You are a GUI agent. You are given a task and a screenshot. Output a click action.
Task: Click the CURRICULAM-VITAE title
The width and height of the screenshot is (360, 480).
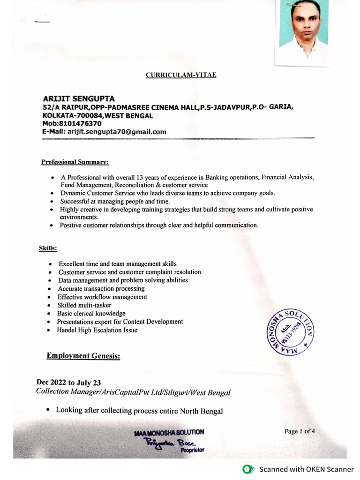pyautogui.click(x=181, y=75)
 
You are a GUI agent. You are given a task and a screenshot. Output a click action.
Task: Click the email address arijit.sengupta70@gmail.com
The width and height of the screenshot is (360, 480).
pyautogui.click(x=117, y=132)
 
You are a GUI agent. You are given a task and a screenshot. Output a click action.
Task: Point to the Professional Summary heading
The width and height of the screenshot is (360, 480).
pyautogui.click(x=75, y=162)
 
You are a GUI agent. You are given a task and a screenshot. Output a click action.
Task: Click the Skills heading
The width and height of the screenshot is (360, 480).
pyautogui.click(x=48, y=247)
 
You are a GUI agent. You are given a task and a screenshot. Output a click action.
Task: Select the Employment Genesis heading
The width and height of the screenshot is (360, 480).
pyautogui.click(x=83, y=356)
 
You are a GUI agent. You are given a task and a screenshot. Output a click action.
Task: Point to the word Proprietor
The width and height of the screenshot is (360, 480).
pyautogui.click(x=192, y=451)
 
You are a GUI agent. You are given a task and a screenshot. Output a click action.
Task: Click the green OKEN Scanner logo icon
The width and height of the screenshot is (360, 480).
pyautogui.click(x=247, y=469)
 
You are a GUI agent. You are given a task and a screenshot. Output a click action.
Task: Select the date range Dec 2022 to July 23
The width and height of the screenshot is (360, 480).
pyautogui.click(x=68, y=382)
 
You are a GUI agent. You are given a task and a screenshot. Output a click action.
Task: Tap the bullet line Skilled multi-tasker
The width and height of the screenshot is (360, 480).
pyautogui.click(x=84, y=305)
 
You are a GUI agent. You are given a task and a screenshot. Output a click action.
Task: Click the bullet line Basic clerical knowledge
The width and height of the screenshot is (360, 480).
pyautogui.click(x=91, y=313)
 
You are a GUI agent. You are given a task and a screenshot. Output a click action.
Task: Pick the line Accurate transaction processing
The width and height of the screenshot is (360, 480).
pyautogui.click(x=101, y=288)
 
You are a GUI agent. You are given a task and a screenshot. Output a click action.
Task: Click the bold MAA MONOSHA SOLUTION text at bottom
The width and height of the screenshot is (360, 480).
pyautogui.click(x=169, y=432)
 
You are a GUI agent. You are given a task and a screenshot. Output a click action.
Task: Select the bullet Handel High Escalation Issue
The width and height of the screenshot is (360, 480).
pyautogui.click(x=97, y=330)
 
